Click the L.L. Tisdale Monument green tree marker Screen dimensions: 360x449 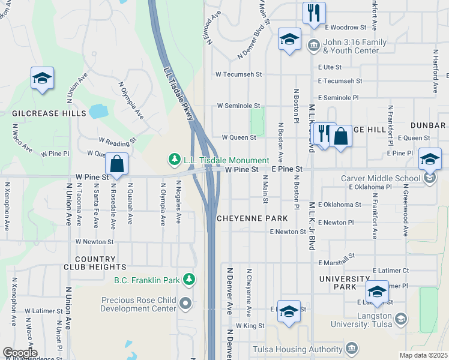point(174,160)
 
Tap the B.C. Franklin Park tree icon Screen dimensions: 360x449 point(189,279)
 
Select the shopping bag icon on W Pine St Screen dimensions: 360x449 point(116,163)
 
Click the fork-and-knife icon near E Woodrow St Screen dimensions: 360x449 point(313,13)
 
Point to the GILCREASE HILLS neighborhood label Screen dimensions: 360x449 point(49,113)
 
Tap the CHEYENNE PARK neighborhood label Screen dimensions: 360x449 point(249,218)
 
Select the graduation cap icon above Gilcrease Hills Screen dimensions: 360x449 point(43,79)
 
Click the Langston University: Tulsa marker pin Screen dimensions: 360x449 point(401,319)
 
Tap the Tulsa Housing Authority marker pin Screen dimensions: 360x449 point(351,349)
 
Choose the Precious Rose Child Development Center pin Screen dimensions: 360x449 point(185,303)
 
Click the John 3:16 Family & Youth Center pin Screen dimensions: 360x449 point(313,46)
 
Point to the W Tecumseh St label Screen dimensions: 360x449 point(240,74)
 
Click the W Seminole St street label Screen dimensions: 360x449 point(238,105)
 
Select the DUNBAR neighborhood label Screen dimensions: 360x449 point(428,125)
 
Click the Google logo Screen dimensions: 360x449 point(20,353)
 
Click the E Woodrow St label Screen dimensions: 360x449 point(345,28)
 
